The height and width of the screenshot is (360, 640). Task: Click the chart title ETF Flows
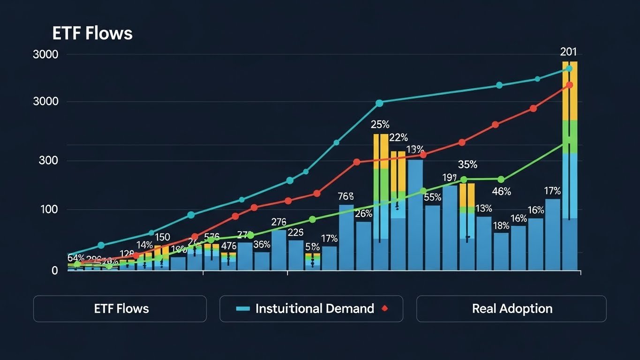pyautogui.click(x=92, y=34)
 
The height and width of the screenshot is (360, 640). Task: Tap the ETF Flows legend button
pyautogui.click(x=120, y=308)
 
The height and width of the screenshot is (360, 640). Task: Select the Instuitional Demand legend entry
pyautogui.click(x=315, y=308)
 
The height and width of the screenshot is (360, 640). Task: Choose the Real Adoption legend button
pyautogui.click(x=512, y=308)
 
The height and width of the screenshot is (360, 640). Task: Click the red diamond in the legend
pyautogui.click(x=384, y=308)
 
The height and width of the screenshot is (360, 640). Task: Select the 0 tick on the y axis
pyautogui.click(x=55, y=270)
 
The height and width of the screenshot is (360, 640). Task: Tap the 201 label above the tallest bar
pyautogui.click(x=569, y=52)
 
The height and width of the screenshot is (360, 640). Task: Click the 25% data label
pyautogui.click(x=380, y=125)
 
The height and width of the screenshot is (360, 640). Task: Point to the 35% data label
pyautogui.click(x=467, y=165)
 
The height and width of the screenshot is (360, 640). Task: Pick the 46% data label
pyautogui.click(x=501, y=191)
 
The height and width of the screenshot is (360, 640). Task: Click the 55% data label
pyautogui.click(x=433, y=197)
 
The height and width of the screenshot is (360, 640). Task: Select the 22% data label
pyautogui.click(x=399, y=138)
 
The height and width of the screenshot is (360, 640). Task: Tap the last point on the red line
pyautogui.click(x=569, y=85)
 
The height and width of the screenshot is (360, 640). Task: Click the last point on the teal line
pyautogui.click(x=569, y=68)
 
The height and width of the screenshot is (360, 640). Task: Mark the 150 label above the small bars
pyautogui.click(x=162, y=237)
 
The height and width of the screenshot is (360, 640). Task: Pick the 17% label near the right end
pyautogui.click(x=552, y=191)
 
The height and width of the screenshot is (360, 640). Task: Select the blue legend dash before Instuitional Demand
pyautogui.click(x=243, y=308)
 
